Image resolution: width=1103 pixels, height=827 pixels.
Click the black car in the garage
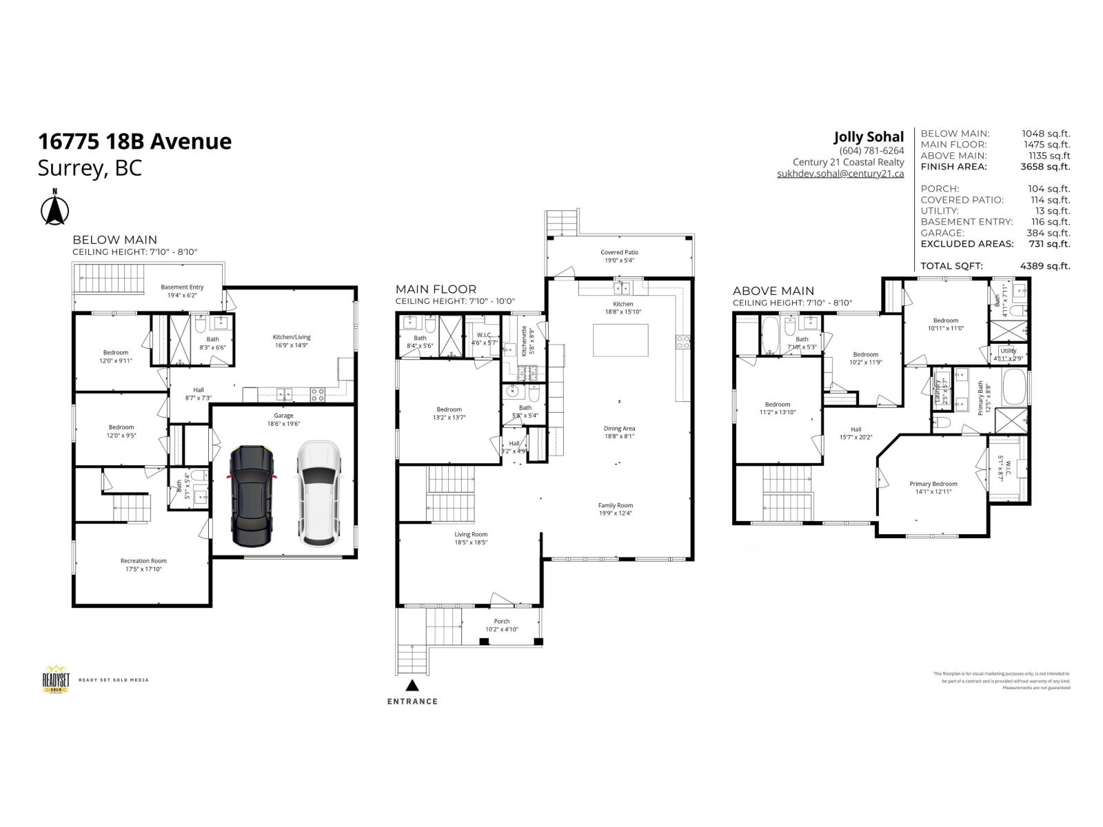pyautogui.click(x=253, y=496)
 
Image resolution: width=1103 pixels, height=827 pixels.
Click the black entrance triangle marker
pyautogui.click(x=412, y=685)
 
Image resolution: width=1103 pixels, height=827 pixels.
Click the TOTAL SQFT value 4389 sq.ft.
pyautogui.click(x=1045, y=266)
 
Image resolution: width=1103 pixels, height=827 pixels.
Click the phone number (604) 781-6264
pyautogui.click(x=871, y=151)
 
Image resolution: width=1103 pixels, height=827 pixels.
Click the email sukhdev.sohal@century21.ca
pyautogui.click(x=840, y=174)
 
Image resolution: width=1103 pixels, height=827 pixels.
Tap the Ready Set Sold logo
pyautogui.click(x=56, y=680)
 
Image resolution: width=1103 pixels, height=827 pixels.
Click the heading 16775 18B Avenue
pyautogui.click(x=135, y=141)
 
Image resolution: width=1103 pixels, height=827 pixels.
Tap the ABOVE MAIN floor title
pyautogui.click(x=773, y=291)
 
